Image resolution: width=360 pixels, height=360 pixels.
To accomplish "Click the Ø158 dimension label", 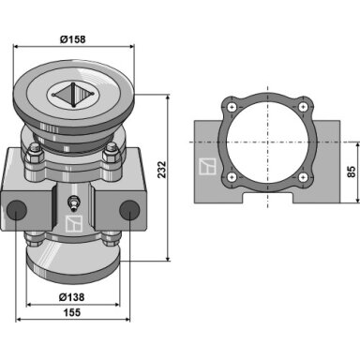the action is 72,39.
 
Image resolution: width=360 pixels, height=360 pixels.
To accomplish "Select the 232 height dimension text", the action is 161,170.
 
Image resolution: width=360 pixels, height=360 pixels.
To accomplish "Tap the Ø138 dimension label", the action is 71,297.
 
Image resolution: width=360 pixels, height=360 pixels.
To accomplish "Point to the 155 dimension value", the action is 72,312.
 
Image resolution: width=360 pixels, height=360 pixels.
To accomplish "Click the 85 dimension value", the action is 352,172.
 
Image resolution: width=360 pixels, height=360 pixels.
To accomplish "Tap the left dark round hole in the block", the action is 17,210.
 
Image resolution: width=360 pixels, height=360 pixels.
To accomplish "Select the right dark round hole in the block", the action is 129,210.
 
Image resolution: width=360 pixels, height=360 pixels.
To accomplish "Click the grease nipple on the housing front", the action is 73,202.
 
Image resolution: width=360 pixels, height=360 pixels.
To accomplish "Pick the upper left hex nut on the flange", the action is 35,154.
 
